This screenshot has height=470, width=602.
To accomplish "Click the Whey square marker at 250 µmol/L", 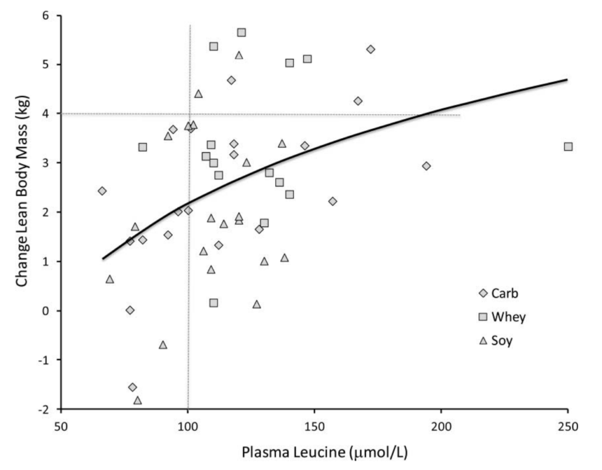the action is point(568,146).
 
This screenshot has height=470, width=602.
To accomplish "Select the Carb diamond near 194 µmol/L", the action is point(426,166).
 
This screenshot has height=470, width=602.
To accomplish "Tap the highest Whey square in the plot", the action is point(242,32).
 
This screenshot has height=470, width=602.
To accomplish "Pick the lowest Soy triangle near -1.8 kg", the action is point(138,401).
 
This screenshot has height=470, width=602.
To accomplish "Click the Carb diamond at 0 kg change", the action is point(130,310).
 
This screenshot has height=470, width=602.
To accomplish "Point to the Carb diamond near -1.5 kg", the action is point(132,387).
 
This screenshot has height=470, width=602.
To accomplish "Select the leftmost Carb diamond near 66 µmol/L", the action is point(102,191).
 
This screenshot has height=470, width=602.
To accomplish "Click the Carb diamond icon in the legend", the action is point(483,294).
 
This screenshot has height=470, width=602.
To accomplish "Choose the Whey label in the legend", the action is point(509,317).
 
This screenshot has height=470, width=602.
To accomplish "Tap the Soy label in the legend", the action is point(502,341).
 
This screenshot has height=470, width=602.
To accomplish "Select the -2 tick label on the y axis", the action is point(44,409).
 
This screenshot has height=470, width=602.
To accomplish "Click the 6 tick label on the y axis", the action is point(46,16).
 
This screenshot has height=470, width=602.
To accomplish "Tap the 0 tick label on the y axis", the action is point(46,311).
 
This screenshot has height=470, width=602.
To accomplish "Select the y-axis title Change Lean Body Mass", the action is point(22,191).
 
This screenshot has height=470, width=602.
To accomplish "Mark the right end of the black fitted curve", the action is point(567,79).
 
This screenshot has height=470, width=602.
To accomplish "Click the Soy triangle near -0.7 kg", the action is point(163,345).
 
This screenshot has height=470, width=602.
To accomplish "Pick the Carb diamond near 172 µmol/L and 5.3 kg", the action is point(370,49).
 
